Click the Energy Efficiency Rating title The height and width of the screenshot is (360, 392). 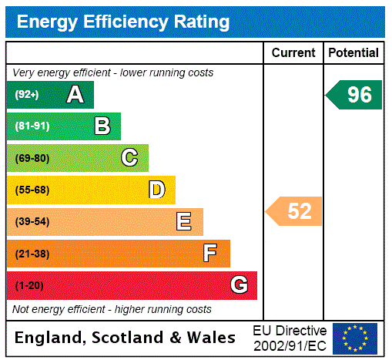(123, 22)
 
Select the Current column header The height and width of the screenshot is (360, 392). (293, 53)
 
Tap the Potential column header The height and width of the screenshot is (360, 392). (353, 53)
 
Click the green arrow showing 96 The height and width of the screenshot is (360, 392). (355, 95)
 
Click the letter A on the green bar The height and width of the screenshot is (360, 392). (75, 95)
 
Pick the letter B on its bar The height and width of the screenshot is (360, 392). (102, 126)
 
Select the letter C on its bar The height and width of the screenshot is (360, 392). (129, 158)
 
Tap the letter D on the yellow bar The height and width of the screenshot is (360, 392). (156, 190)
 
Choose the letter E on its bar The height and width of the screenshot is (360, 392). (183, 222)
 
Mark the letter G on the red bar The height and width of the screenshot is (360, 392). (239, 285)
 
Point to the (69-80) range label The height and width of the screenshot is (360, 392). (32, 159)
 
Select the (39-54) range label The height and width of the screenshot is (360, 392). (32, 222)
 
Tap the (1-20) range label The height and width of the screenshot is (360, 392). (29, 286)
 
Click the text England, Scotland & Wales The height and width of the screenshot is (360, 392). (126, 338)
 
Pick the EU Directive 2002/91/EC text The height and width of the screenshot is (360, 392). (290, 338)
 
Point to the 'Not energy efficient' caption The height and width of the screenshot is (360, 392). (112, 309)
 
